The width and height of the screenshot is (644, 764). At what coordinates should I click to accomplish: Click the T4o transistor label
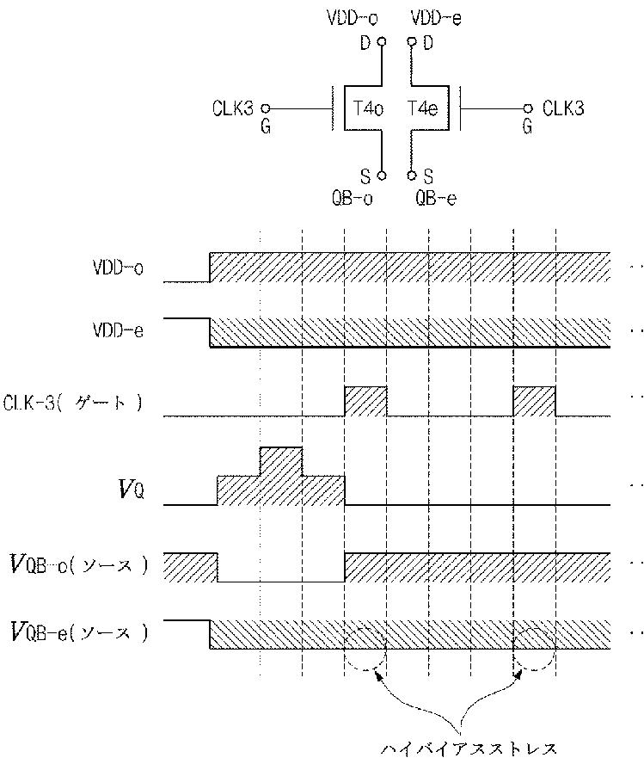coord(368,109)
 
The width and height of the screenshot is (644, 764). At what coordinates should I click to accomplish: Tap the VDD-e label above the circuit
coord(436,17)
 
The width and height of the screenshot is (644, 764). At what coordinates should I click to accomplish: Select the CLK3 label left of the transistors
coord(232,109)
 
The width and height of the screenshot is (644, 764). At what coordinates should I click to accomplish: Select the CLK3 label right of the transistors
coord(563,109)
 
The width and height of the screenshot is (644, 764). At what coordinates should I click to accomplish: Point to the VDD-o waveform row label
coord(118,268)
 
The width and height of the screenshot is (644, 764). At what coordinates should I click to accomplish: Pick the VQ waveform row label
coord(131,490)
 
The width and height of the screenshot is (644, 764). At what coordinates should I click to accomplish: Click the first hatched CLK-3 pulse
coord(365,402)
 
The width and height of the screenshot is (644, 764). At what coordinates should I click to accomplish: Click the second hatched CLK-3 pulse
coord(534,402)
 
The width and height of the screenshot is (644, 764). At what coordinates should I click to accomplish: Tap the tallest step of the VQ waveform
coord(280,461)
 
